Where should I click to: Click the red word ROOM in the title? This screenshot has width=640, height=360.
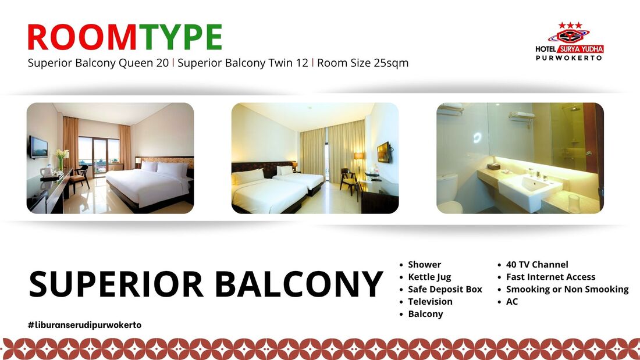(x=82, y=37)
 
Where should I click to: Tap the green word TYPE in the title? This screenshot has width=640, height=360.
(x=180, y=37)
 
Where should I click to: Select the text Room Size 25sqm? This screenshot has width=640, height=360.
(x=363, y=63)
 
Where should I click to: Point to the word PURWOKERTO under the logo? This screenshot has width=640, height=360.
(x=569, y=58)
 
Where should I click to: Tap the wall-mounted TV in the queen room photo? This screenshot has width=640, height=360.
(x=38, y=147)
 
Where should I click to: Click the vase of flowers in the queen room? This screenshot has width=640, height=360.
(x=61, y=159)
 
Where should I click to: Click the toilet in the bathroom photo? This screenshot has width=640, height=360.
(x=448, y=194)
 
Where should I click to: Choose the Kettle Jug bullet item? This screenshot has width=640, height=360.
(x=429, y=277)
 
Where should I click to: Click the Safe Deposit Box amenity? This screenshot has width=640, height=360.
(x=445, y=290)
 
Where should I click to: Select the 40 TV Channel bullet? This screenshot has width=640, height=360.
(x=537, y=265)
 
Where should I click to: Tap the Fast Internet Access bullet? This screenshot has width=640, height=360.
(x=550, y=277)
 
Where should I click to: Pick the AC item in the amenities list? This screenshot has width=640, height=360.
(x=512, y=302)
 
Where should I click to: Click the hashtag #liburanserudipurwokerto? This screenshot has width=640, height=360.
(x=84, y=325)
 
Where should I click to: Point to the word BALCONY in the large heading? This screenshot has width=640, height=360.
(x=299, y=284)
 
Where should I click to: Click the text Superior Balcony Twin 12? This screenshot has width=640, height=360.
(x=243, y=63)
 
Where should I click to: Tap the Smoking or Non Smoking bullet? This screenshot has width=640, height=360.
(x=567, y=290)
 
